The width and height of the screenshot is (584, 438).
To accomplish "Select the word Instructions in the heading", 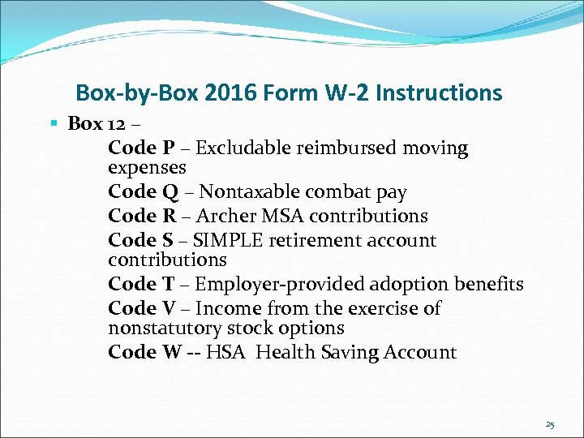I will [x=439, y=93].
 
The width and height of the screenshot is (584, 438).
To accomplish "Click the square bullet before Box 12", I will [x=54, y=123].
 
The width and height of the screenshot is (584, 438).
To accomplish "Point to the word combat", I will [x=339, y=192].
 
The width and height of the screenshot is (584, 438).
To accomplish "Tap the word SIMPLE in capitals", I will [x=226, y=241].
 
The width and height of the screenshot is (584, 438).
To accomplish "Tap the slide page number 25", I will [x=550, y=424].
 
